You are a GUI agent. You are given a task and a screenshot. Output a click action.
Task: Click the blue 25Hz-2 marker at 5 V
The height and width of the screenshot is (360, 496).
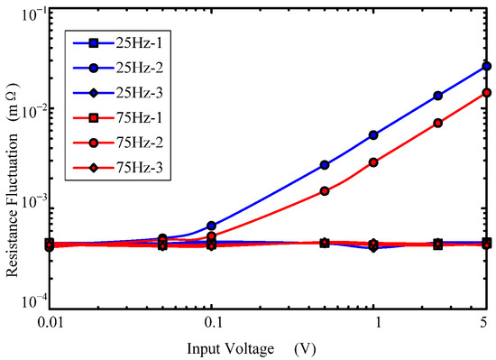(x=486, y=66)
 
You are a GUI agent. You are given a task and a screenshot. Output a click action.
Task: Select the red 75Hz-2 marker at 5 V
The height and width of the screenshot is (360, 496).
(x=486, y=92)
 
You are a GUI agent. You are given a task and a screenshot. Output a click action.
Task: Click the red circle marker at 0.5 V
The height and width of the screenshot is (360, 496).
(x=325, y=191)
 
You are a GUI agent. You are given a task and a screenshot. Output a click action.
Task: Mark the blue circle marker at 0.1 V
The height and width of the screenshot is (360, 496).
(x=211, y=226)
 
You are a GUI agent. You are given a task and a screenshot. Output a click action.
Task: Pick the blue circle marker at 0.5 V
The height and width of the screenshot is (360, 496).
(x=325, y=165)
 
